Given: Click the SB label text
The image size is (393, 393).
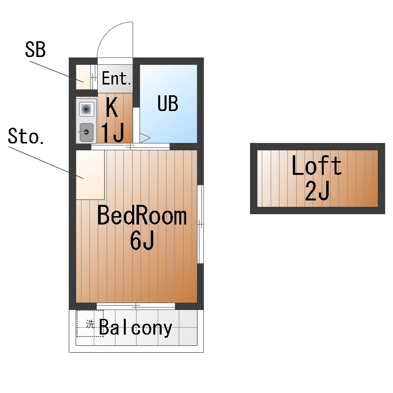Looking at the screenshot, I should [x=35, y=50].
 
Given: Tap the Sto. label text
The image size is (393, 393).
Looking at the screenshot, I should [x=27, y=137].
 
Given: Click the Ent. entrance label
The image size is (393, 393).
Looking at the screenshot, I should [x=116, y=79].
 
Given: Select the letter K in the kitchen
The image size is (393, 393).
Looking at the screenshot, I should [x=112, y=108].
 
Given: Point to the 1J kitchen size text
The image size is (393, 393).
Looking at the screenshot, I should [x=112, y=132].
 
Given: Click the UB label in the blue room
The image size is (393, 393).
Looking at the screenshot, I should [x=168, y=103].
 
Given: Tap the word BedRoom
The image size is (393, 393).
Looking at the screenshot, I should [x=141, y=216].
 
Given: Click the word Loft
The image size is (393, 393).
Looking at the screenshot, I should [x=316, y=166].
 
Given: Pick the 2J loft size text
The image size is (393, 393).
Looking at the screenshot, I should [x=317, y=192].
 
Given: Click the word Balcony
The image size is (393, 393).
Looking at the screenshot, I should [x=136, y=328].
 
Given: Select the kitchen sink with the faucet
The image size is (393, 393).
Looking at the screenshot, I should [x=86, y=132].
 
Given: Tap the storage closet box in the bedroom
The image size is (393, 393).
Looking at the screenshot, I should [x=90, y=174].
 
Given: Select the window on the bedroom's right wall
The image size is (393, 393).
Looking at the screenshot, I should [x=200, y=225].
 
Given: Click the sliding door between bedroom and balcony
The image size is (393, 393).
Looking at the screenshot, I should [x=136, y=306].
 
